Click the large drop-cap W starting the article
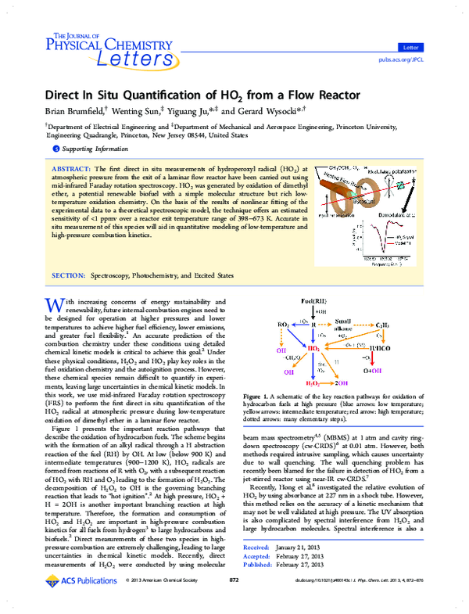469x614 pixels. point(54,283)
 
